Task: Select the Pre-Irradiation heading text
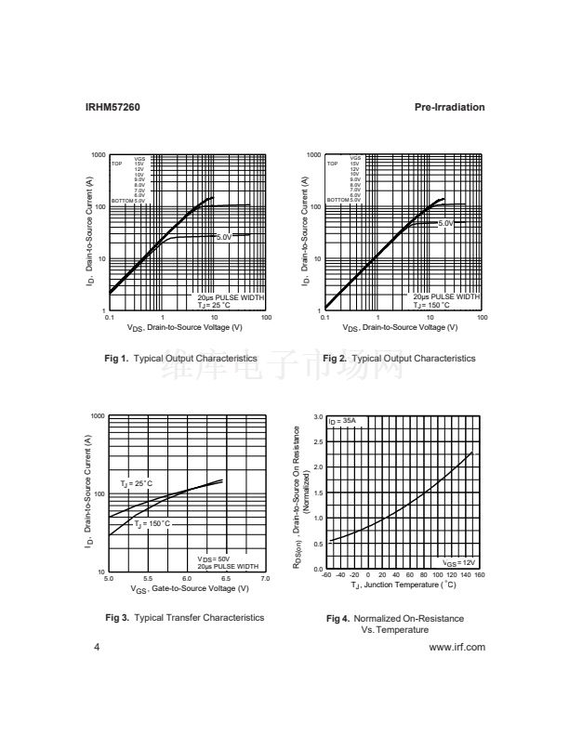(449, 108)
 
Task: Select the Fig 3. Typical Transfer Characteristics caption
(184, 617)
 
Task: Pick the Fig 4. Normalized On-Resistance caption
(394, 618)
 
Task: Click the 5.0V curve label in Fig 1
(224, 238)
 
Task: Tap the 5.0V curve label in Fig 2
(444, 224)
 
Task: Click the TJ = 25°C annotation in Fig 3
(136, 484)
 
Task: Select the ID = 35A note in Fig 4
(343, 422)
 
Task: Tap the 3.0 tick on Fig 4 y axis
(317, 416)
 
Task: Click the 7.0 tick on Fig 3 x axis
(266, 578)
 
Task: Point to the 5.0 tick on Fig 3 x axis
(110, 578)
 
